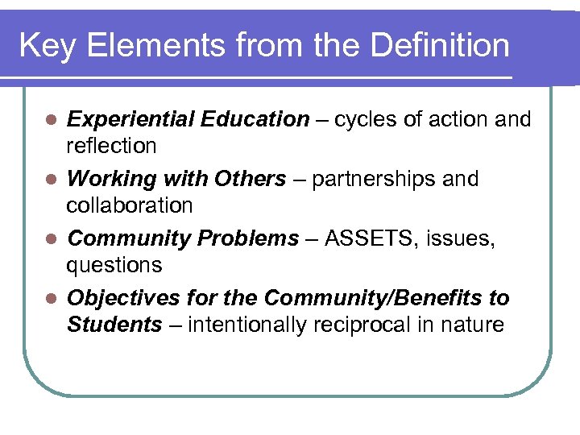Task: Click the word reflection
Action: coord(111,146)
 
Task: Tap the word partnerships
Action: coord(370,179)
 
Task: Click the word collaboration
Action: coord(129,205)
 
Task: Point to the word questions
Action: coord(114,265)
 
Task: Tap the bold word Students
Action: coord(114,325)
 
